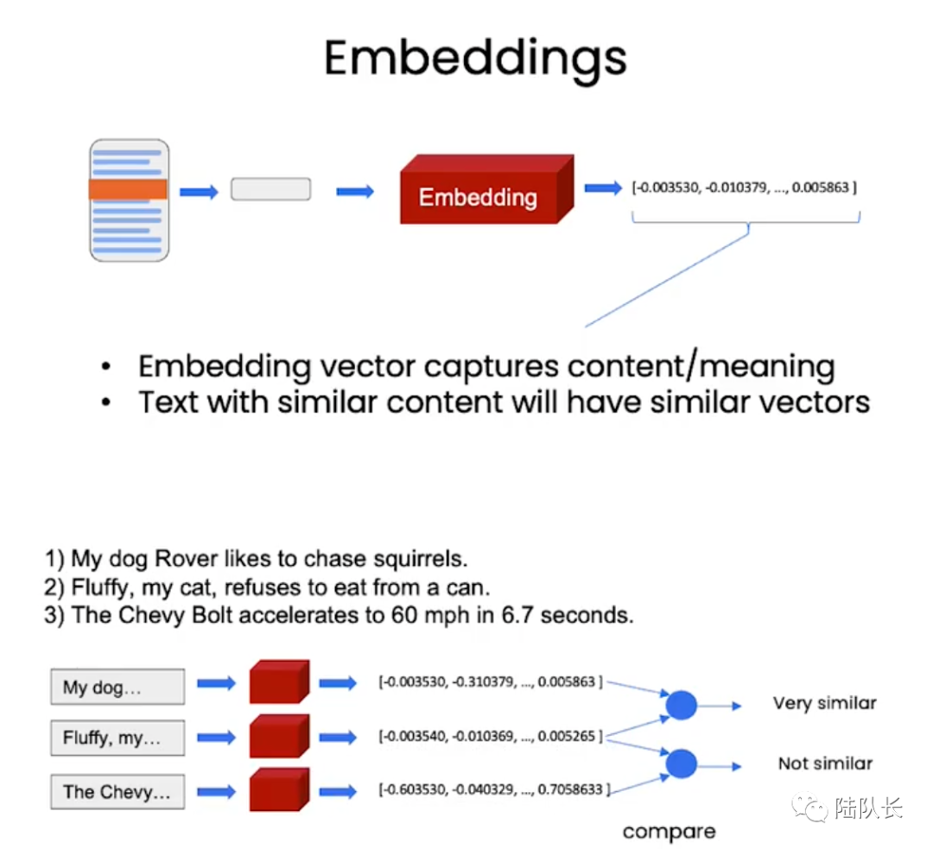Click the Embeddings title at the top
click(x=475, y=58)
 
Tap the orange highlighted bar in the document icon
click(x=128, y=190)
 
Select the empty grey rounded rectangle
click(x=270, y=190)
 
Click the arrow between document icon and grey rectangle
click(x=200, y=192)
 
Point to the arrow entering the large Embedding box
click(x=355, y=192)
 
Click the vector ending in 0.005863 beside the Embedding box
click(x=744, y=187)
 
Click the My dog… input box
click(x=117, y=687)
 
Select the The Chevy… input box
click(x=117, y=792)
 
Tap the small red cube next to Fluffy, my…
click(x=277, y=738)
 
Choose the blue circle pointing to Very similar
click(x=681, y=706)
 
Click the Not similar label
click(x=825, y=763)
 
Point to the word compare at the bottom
click(x=669, y=832)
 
